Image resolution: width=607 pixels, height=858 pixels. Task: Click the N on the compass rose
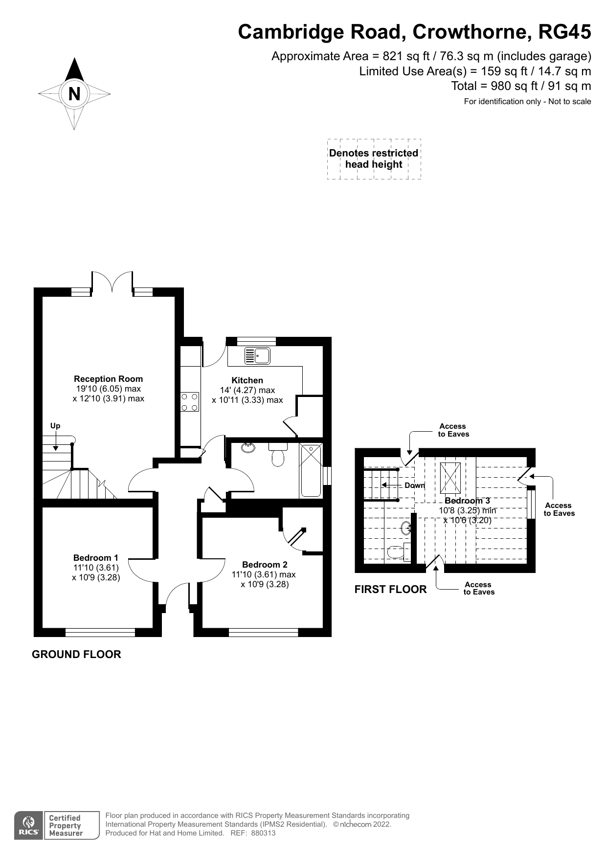74,93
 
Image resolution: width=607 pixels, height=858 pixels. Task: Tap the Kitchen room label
247,380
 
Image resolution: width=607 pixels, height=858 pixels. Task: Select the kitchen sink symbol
257,355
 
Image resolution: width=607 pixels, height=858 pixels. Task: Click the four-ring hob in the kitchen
190,401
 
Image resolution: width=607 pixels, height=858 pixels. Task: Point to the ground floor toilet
278,455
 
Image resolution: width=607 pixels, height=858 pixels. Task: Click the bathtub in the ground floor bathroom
311,470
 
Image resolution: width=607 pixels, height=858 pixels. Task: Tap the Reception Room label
108,378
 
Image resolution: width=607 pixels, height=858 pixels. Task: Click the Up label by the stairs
55,425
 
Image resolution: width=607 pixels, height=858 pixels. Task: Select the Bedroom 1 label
95,557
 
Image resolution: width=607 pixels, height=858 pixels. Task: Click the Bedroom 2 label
264,564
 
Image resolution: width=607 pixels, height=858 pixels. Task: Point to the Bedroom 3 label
467,501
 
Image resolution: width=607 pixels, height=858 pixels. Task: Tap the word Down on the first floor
414,485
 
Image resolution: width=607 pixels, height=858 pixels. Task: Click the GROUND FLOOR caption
76,654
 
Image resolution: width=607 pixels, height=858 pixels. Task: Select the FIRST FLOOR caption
390,589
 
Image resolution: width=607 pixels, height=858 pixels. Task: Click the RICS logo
29,826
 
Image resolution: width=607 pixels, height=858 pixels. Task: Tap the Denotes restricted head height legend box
374,159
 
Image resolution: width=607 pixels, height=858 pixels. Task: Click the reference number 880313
263,833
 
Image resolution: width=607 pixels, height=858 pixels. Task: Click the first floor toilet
397,552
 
